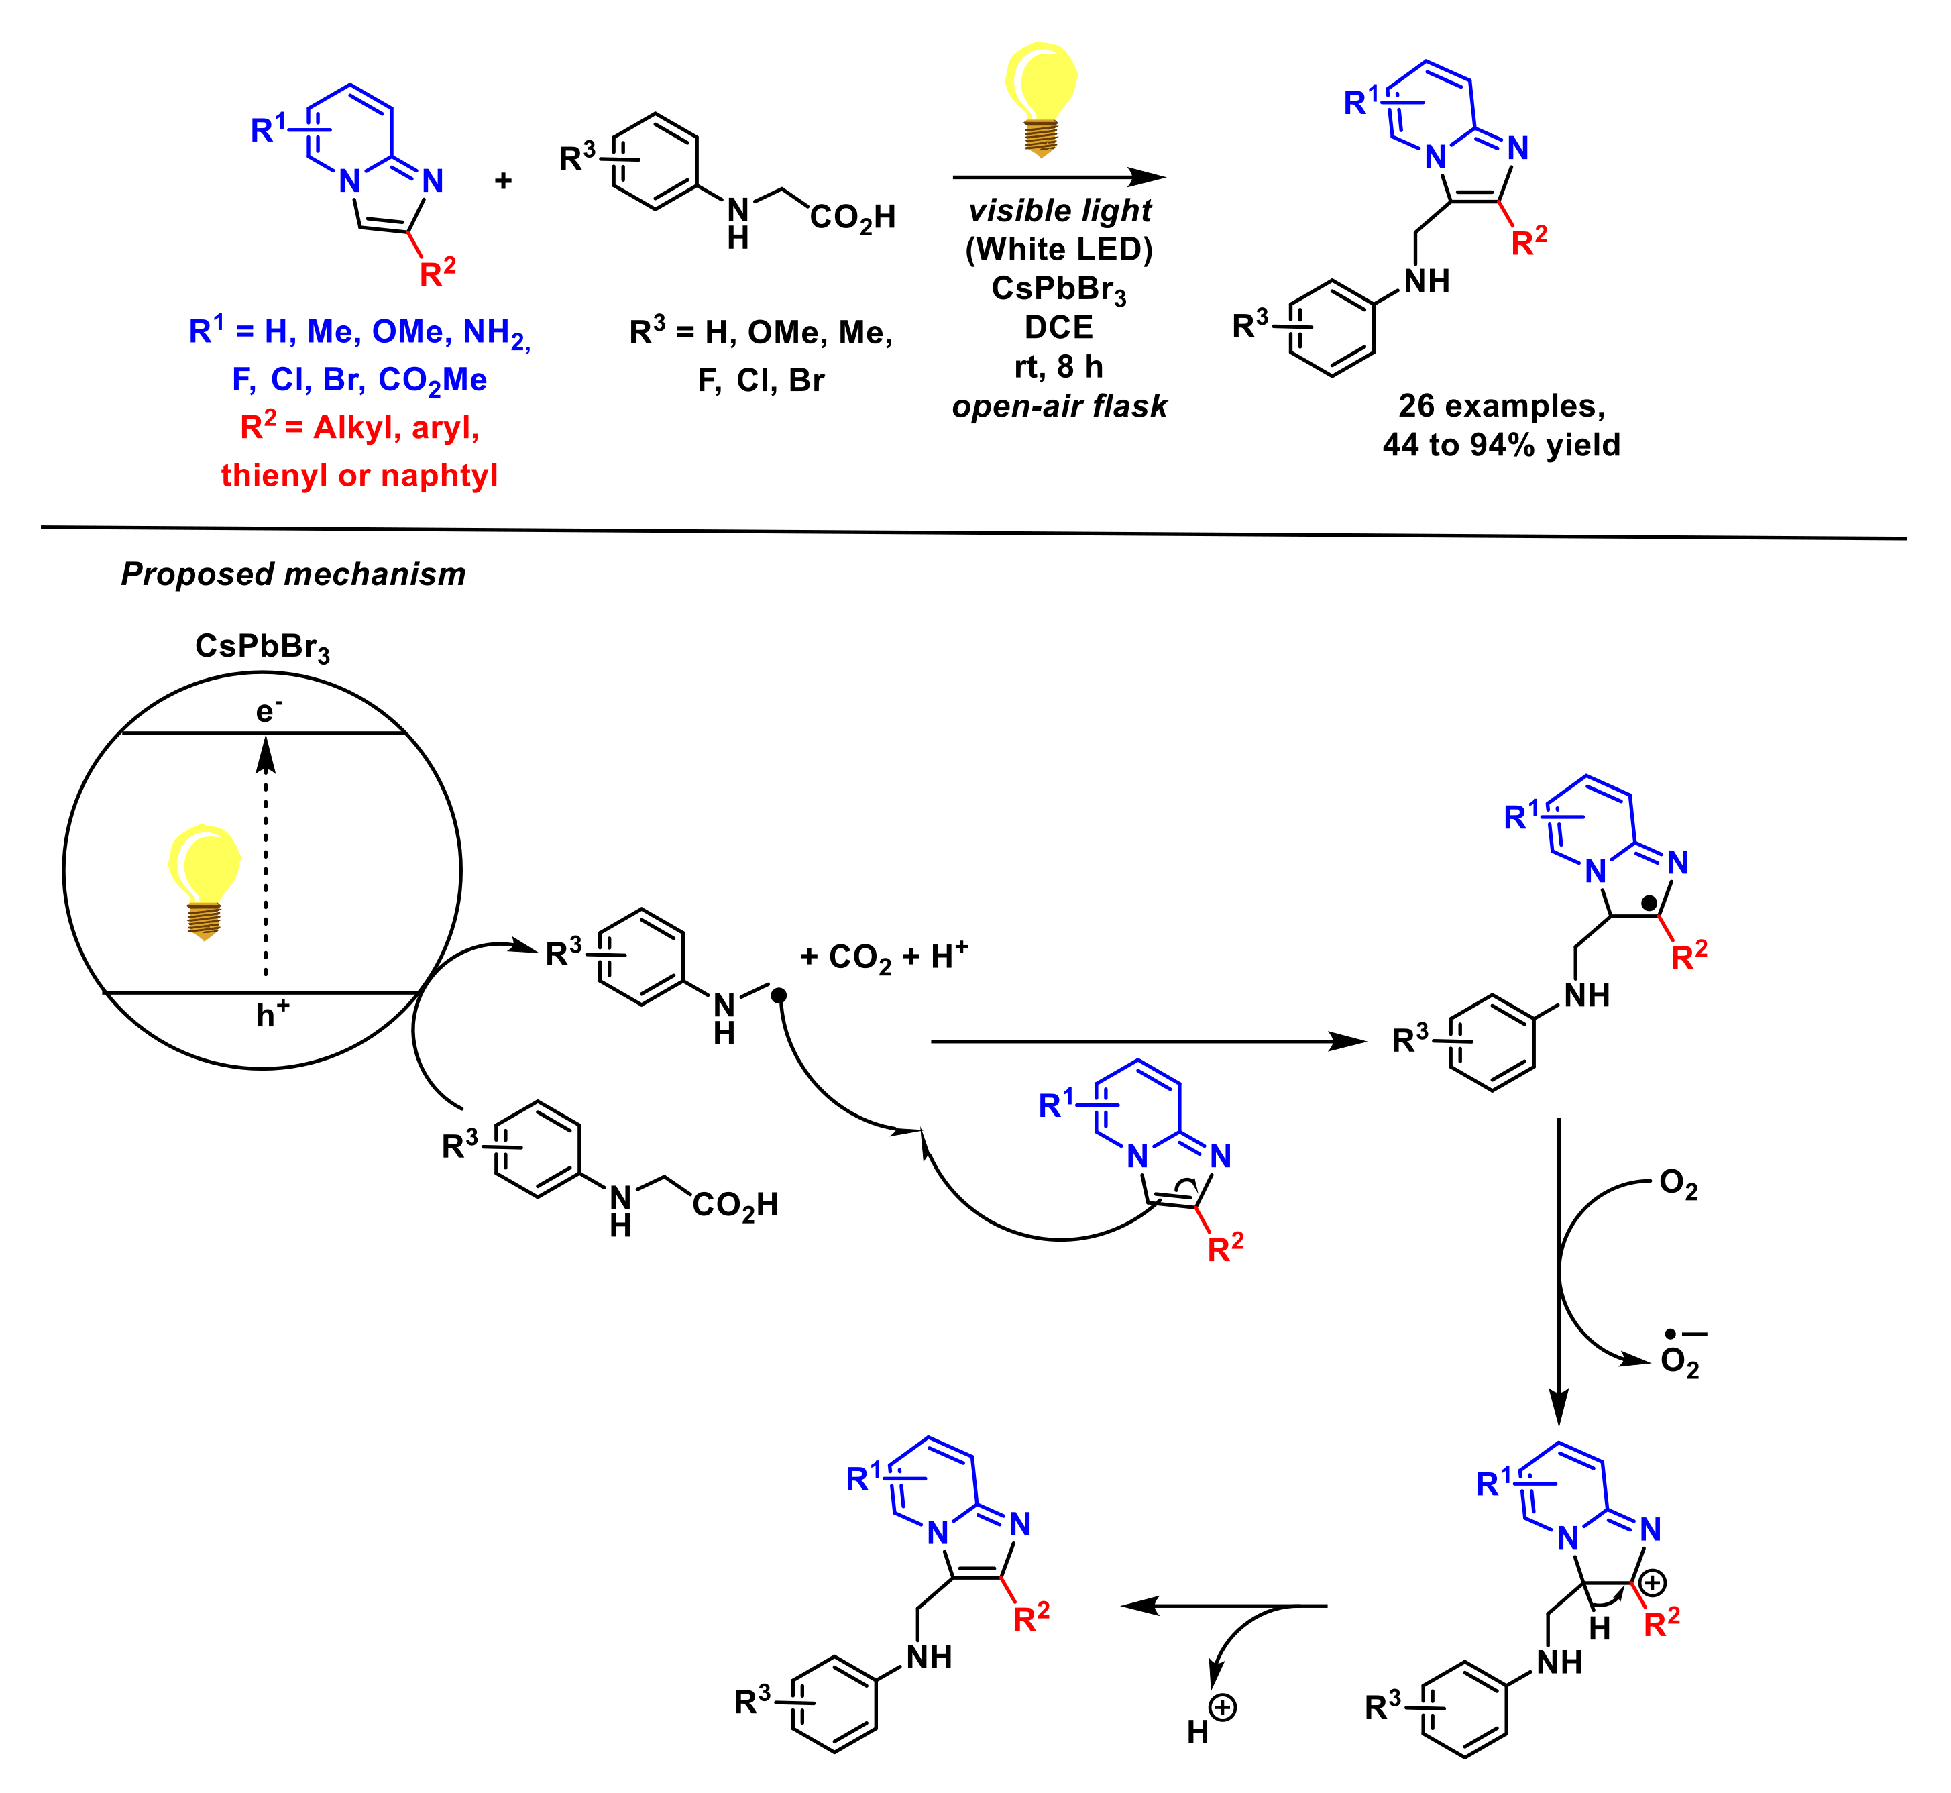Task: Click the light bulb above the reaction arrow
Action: (x=1041, y=97)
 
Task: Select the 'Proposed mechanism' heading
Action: (x=293, y=574)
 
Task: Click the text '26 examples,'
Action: (x=1501, y=406)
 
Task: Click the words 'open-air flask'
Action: (x=1060, y=406)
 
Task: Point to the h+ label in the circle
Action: (x=272, y=1015)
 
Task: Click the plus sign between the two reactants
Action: (x=502, y=180)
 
